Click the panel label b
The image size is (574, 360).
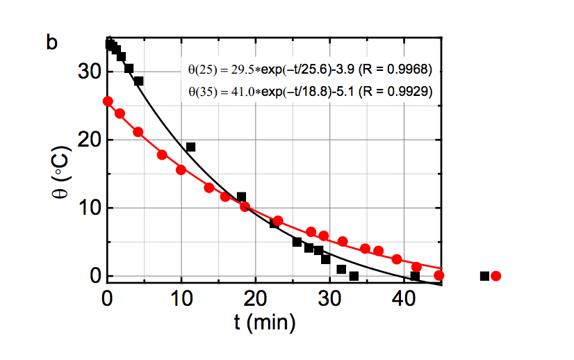pos(51,43)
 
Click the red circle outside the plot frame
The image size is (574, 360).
pos(495,276)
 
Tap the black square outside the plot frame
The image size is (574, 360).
pos(485,276)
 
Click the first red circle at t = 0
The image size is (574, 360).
pos(108,101)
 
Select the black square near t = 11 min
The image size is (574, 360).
pos(190,147)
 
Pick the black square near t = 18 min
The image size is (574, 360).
pos(241,197)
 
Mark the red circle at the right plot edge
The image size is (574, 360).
pos(438,275)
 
